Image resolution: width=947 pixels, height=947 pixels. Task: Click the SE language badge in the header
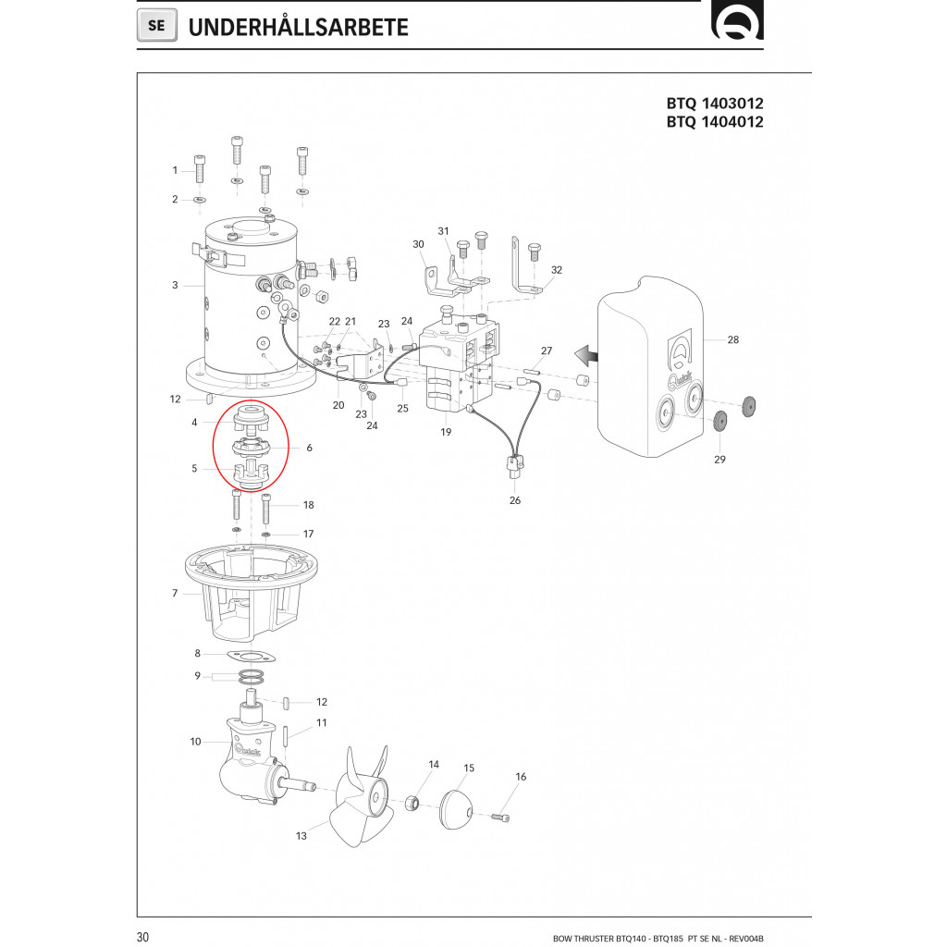156,26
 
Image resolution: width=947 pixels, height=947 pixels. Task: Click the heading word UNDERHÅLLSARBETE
298,27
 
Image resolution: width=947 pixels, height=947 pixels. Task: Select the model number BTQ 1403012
715,104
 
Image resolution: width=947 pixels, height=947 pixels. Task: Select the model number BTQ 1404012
715,122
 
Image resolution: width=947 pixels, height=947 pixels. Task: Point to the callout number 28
732,340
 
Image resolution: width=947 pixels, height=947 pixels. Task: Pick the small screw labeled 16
502,817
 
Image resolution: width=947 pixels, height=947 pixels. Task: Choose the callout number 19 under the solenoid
446,431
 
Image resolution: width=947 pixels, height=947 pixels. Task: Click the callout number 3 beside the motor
175,285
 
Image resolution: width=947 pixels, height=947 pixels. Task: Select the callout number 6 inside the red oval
309,448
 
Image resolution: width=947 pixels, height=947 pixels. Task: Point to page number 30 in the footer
142,937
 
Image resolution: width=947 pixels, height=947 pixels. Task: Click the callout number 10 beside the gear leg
195,742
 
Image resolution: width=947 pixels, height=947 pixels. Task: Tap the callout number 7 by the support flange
175,593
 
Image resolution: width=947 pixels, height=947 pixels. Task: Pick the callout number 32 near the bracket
557,270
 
